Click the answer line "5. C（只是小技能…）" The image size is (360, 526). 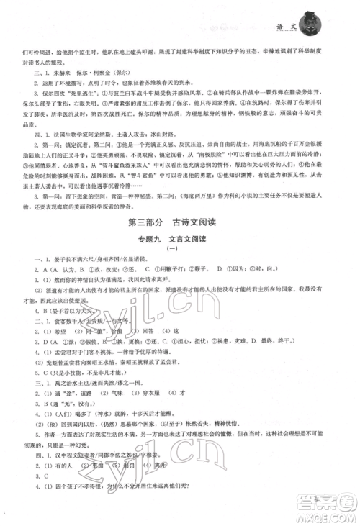78,394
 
